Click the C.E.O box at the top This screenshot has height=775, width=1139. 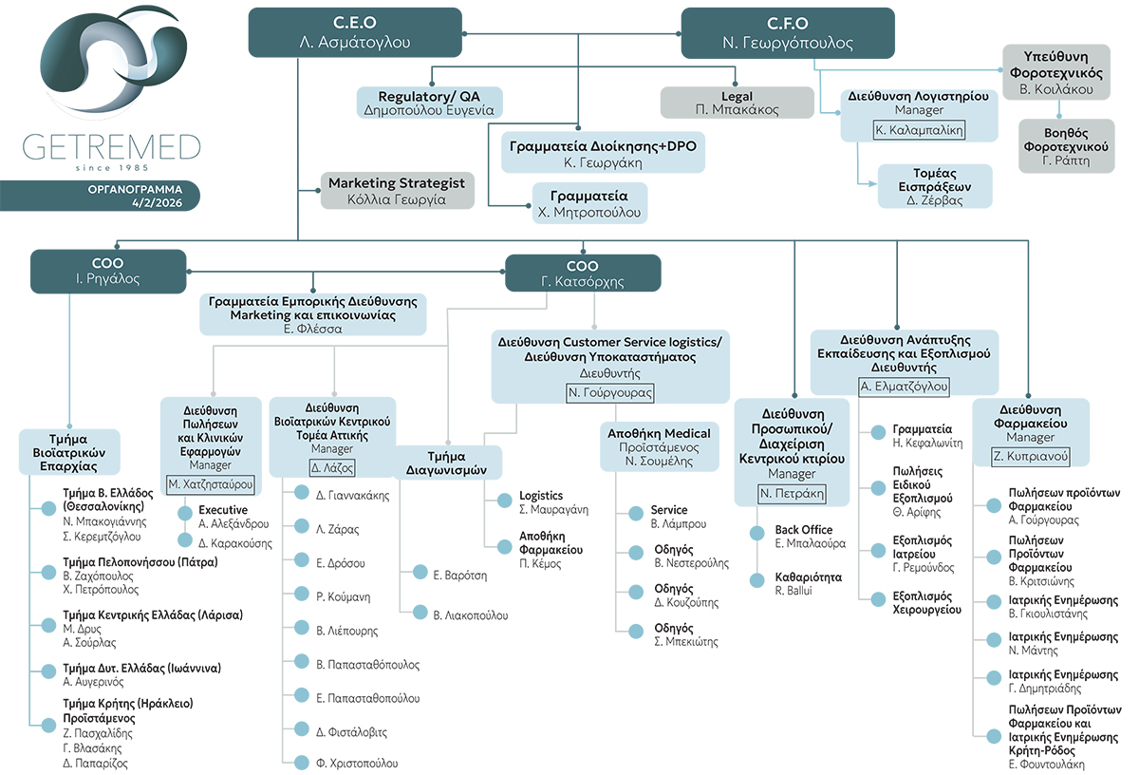[355, 32]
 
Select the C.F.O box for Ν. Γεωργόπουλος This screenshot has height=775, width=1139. [788, 33]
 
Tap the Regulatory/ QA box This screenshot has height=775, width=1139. [430, 103]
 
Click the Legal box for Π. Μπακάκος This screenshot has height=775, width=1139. [738, 103]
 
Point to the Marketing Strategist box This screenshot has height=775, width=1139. [397, 191]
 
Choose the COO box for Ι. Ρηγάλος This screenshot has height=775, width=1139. [108, 272]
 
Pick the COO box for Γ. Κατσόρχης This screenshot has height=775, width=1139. [583, 274]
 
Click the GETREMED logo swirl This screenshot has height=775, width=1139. [113, 59]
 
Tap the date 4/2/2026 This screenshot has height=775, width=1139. [158, 202]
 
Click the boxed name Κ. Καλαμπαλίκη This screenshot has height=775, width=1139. [919, 130]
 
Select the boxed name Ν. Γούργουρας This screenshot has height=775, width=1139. [610, 393]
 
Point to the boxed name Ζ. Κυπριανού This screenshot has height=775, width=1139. [1030, 457]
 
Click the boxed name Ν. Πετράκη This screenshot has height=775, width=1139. [792, 494]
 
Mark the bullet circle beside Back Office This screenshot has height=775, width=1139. [757, 534]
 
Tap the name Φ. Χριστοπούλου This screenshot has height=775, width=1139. [357, 764]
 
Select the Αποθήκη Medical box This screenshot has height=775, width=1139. [660, 446]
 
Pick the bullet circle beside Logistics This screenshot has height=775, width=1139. [504, 501]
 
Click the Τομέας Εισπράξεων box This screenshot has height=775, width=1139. [935, 186]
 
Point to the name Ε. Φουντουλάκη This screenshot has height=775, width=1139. [1046, 765]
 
